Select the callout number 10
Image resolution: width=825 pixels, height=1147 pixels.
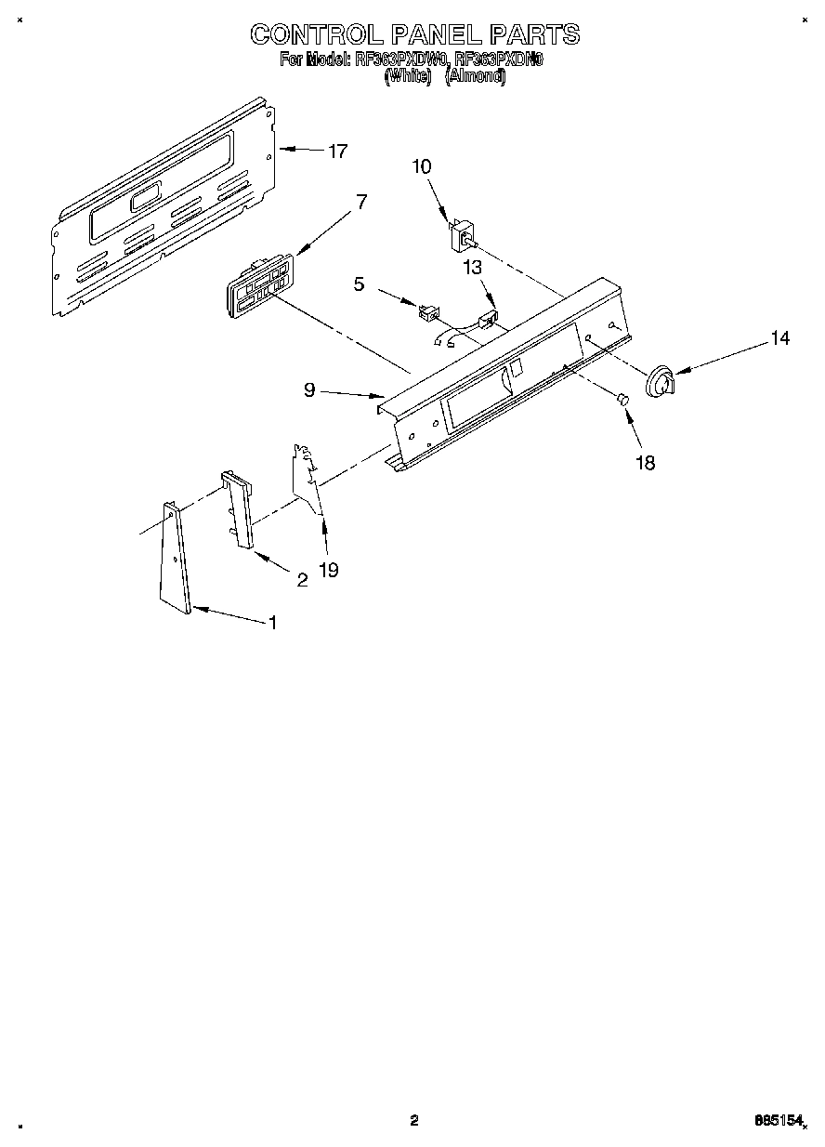422,166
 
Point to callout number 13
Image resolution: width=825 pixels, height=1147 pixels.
474,268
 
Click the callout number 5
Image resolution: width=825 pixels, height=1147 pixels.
359,285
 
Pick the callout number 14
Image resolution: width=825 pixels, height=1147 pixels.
780,339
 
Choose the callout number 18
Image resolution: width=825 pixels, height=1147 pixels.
644,462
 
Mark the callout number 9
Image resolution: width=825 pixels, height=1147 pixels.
309,391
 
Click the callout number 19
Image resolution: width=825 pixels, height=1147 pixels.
328,570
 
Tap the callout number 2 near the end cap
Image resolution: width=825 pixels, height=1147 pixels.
302,580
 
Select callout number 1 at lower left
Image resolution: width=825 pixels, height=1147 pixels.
272,623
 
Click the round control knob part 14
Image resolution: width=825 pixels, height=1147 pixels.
661,383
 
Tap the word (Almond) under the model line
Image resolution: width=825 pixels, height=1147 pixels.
475,78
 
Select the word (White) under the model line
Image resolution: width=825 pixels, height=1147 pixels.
408,78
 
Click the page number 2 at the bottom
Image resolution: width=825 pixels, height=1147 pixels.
414,1120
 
